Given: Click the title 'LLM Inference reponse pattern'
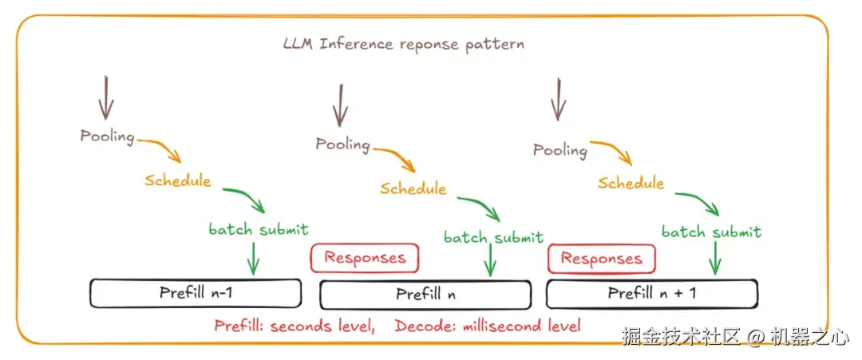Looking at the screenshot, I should (404, 44).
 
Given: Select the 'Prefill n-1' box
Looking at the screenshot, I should (196, 293).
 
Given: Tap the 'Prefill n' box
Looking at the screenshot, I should (425, 295).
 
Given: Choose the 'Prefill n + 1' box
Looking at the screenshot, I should (651, 293).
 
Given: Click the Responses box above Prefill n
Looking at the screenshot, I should (364, 258).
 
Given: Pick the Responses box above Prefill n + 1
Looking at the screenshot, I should (601, 259).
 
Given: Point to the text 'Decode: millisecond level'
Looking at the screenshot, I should (488, 325).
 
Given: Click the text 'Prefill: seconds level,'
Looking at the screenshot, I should (295, 325).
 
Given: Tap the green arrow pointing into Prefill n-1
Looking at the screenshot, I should (253, 257).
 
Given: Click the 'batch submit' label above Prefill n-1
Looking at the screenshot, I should (259, 230).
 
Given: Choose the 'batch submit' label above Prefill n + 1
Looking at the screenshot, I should (711, 232).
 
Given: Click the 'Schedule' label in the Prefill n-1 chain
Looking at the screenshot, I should (178, 180).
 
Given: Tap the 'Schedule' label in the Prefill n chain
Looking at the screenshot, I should (413, 188).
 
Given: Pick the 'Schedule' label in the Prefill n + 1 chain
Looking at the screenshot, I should (631, 183).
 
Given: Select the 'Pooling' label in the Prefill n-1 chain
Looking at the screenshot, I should (107, 136).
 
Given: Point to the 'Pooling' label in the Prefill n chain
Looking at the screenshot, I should (342, 144).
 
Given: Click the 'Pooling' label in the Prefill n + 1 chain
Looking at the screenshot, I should (560, 149).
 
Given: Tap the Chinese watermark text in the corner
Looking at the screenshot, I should (735, 337).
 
